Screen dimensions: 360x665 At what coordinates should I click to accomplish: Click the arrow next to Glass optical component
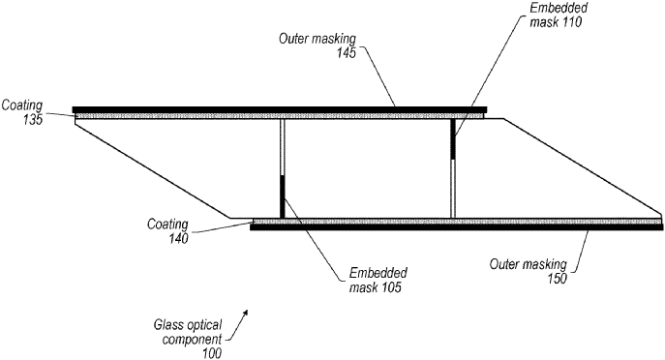tap(245, 316)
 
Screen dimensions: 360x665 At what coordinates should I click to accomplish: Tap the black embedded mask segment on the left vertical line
tap(283, 195)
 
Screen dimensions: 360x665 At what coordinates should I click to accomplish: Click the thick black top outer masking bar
tap(281, 108)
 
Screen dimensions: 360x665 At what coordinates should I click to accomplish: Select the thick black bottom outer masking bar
tap(455, 227)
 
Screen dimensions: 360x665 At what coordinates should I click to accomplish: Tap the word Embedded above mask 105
tap(379, 274)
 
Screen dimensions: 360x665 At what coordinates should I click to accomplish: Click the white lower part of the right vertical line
tap(452, 188)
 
